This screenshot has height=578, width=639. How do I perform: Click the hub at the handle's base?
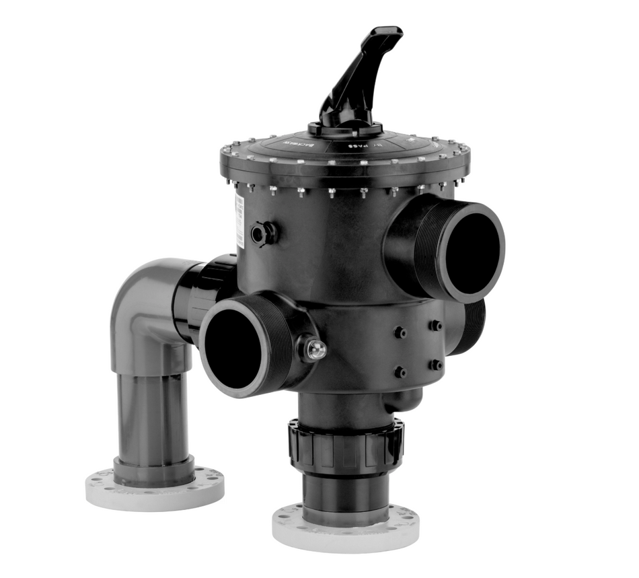(345, 128)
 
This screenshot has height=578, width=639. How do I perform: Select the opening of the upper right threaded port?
(472, 252)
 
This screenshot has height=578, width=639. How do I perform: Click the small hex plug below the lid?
(263, 233)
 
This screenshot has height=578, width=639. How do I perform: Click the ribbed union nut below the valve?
(346, 445)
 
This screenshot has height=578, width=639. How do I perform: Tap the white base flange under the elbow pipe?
(155, 488)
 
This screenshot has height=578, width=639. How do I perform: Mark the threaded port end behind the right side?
(474, 326)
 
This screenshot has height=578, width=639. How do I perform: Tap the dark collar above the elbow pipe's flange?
(154, 467)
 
